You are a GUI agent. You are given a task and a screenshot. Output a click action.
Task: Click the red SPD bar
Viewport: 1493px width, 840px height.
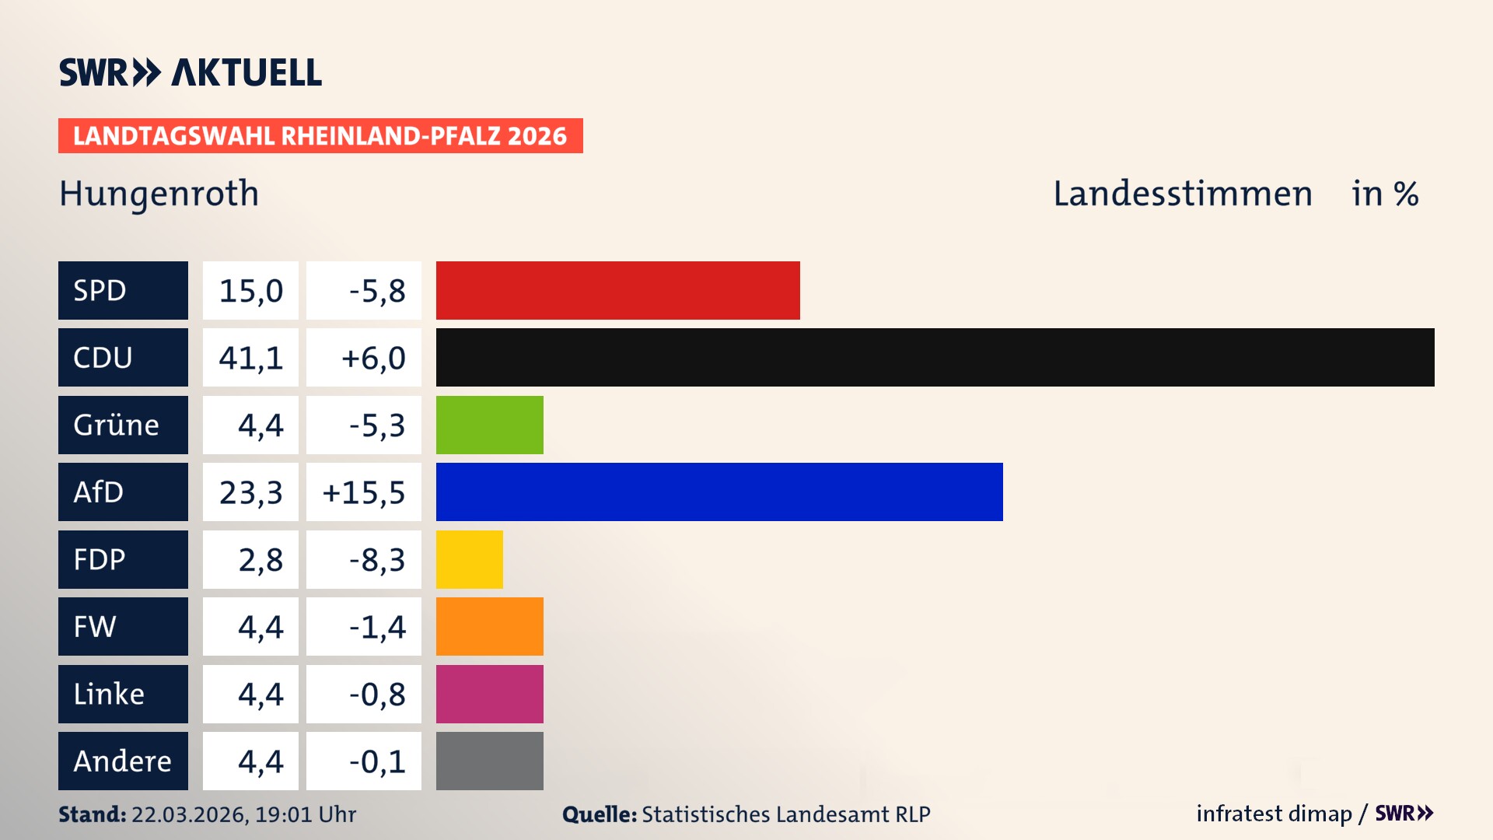click(x=617, y=290)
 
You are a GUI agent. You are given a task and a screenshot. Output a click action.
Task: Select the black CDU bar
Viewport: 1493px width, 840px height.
click(x=935, y=358)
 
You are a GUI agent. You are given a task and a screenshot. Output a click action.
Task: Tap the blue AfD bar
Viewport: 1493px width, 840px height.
click(x=719, y=492)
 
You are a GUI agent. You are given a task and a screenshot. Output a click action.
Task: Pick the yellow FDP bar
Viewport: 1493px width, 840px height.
click(x=469, y=559)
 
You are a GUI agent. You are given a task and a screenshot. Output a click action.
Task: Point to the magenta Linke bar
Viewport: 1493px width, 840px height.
click(x=489, y=694)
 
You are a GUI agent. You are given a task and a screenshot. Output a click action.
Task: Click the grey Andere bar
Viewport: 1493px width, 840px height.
click(x=489, y=761)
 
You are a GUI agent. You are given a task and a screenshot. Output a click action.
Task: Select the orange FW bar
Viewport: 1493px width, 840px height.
click(x=489, y=627)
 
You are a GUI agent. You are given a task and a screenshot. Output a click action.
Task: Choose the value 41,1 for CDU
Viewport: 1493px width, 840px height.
click(x=250, y=358)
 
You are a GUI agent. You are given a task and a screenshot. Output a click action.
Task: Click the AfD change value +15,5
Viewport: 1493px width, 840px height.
click(x=363, y=492)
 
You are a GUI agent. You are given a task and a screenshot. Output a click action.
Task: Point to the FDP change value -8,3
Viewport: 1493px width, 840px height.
click(x=376, y=559)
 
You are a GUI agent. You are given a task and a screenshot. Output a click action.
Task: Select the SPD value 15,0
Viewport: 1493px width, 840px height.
click(x=250, y=290)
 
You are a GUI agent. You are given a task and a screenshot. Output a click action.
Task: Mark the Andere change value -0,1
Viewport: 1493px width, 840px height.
click(x=376, y=761)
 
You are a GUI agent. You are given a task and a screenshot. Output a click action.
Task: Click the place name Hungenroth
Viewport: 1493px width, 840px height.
click(x=159, y=194)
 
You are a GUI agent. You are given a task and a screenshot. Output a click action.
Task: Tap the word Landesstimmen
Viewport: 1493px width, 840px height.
click(x=1182, y=194)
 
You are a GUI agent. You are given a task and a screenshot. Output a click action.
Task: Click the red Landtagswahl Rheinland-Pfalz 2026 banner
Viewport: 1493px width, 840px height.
click(x=320, y=136)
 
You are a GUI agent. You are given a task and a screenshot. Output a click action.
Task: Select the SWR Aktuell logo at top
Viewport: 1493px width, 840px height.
click(x=190, y=72)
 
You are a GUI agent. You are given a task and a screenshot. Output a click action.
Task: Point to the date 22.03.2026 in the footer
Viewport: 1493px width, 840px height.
click(x=189, y=814)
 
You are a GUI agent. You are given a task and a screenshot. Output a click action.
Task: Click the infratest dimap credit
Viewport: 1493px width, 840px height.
click(x=1273, y=814)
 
